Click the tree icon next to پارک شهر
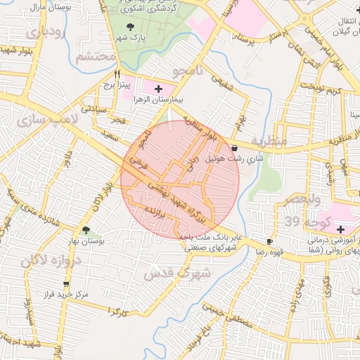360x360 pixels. point(127,26)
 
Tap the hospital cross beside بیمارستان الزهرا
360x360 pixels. point(158,89)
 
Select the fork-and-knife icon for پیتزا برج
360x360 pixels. point(117,73)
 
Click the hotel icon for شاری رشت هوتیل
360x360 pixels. point(233,148)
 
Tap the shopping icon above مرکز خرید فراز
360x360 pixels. point(67,284)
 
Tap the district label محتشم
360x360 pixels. point(96,57)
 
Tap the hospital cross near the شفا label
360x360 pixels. point(341,229)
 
